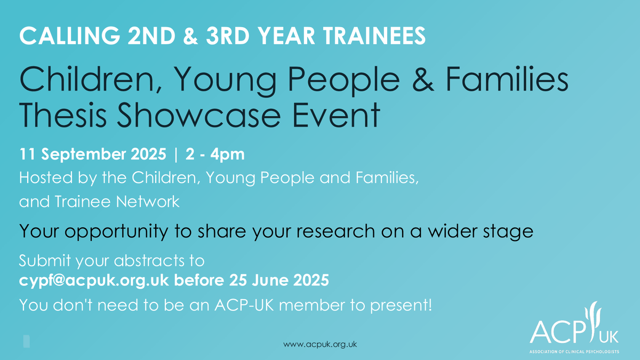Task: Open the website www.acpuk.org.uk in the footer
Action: [319, 344]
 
